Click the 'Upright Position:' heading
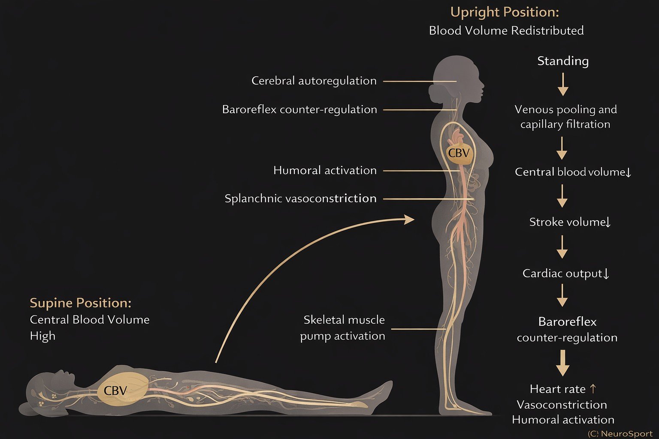[x=505, y=12]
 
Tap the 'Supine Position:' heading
[x=80, y=303]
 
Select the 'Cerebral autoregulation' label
[x=314, y=81]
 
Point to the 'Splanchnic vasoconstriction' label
[x=300, y=198]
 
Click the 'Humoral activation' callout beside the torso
[x=325, y=170]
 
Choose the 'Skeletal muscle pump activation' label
[x=343, y=328]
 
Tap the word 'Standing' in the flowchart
[x=562, y=61]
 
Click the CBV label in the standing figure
[x=459, y=153]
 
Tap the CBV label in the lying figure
[x=115, y=391]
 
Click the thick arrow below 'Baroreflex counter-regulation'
[x=562, y=363]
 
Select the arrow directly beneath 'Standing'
[x=563, y=84]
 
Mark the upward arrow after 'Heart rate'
[x=593, y=389]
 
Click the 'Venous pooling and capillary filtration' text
[x=565, y=117]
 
